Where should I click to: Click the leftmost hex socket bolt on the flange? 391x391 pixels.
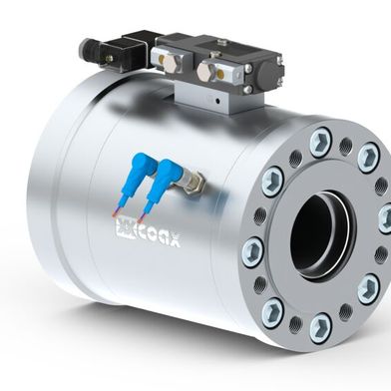[x=252, y=246]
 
